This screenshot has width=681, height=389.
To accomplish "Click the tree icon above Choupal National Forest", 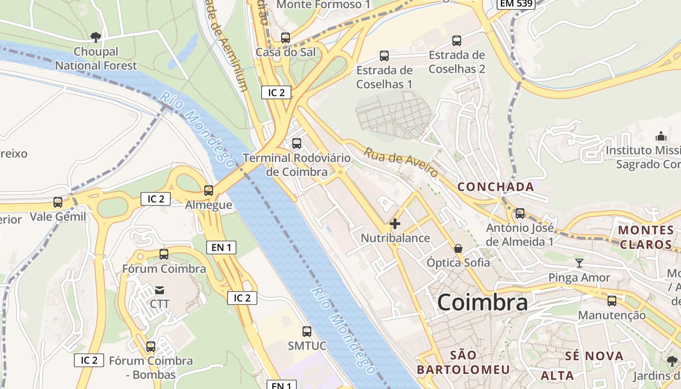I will [x=96, y=36].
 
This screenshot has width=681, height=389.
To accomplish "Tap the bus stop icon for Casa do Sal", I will [x=286, y=38].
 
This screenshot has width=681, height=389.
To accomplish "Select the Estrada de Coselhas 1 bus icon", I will [x=384, y=56].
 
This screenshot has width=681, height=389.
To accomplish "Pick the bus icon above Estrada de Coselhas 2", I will [x=456, y=41].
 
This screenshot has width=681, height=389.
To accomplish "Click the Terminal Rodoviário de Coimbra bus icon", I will [x=296, y=143].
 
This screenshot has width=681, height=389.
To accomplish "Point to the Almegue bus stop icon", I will [x=209, y=191].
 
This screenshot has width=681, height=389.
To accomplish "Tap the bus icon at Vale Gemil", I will [x=58, y=202].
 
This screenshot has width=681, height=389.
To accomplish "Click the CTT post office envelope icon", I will [x=159, y=290].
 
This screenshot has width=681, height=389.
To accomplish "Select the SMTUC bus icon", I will [x=306, y=332].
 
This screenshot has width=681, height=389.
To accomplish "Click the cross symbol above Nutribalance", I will [x=395, y=224].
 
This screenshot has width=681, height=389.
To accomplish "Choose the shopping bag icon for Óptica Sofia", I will [x=458, y=248].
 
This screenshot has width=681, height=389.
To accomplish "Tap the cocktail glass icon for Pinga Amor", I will [x=579, y=264].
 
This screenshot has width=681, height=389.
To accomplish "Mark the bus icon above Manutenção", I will [x=611, y=301].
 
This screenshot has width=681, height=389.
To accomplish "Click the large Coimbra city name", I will [x=482, y=302].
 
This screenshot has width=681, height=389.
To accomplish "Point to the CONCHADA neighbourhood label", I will [x=496, y=187].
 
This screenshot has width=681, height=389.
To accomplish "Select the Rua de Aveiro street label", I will [x=401, y=162].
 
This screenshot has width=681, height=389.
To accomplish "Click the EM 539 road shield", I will [x=516, y=4].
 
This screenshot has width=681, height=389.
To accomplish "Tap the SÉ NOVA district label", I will [x=594, y=356].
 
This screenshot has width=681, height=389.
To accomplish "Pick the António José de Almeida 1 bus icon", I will [x=520, y=213].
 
